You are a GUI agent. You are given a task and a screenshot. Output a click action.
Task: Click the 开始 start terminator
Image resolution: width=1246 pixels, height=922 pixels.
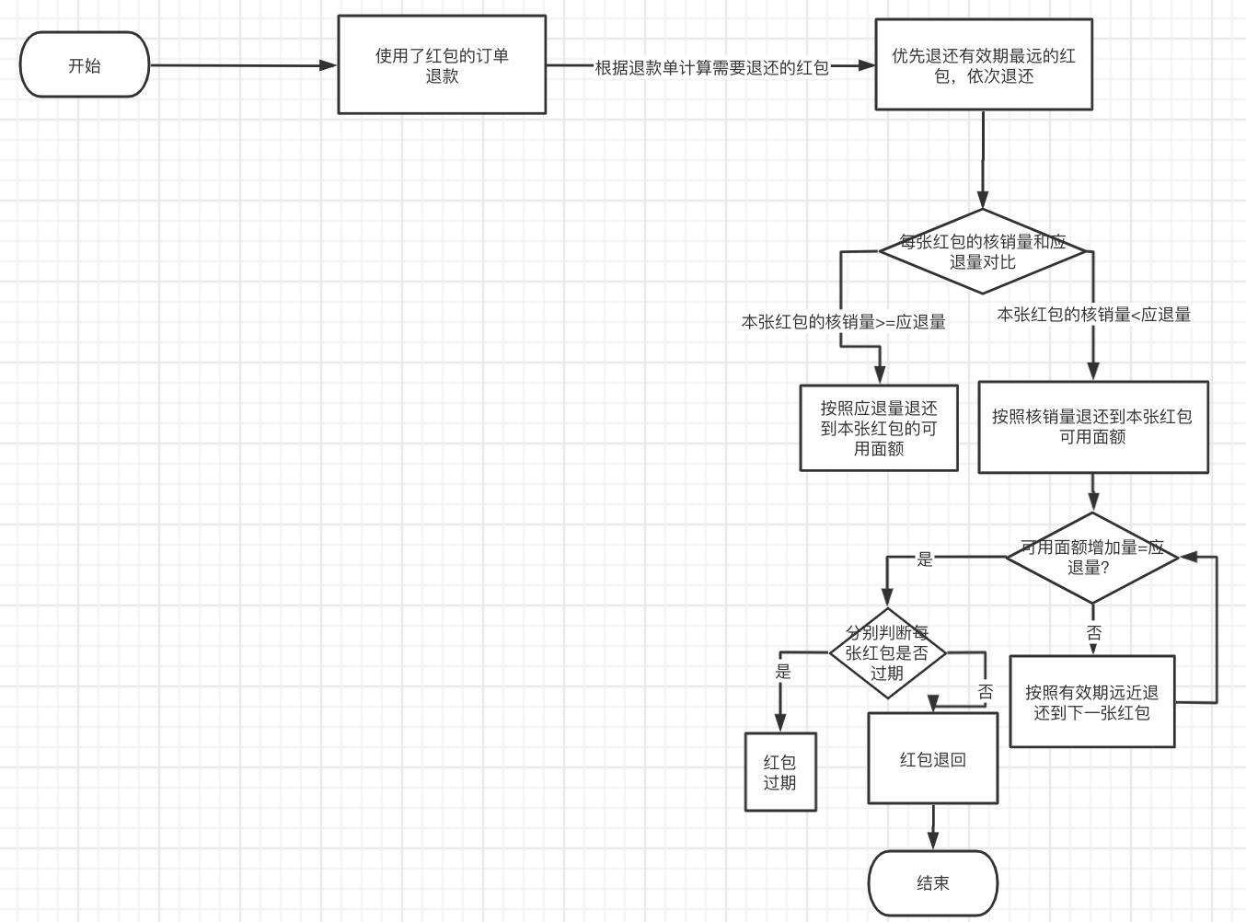84,65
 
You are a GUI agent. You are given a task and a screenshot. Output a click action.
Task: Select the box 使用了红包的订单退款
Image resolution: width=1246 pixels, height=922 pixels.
442,65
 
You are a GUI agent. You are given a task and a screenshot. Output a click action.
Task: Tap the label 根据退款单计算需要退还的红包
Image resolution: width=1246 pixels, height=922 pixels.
711,68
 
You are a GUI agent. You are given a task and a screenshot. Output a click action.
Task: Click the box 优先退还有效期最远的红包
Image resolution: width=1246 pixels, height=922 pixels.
983,65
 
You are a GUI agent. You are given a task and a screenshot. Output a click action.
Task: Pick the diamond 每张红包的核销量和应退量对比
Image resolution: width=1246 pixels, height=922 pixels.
983,251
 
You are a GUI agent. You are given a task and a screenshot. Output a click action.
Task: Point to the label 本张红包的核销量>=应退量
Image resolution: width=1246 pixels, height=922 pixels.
843,322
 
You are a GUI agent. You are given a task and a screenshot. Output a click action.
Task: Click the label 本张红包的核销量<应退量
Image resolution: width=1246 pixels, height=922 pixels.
1093,315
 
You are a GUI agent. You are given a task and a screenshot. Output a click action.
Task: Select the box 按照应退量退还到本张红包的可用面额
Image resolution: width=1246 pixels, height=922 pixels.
879,428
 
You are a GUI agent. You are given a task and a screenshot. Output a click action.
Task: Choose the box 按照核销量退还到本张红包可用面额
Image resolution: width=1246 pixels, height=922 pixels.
1092,427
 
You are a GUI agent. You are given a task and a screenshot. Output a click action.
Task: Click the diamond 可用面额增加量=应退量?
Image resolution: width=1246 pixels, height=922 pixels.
1092,558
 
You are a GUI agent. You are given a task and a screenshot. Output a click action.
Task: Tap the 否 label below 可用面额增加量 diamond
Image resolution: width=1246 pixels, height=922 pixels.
1093,633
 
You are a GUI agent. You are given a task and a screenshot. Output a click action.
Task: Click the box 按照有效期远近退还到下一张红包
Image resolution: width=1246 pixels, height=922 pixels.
1092,702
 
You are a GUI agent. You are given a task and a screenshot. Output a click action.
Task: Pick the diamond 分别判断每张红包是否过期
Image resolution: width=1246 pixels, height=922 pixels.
887,653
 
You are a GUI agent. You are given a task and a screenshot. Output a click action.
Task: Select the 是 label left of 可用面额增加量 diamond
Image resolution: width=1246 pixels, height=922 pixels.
925,559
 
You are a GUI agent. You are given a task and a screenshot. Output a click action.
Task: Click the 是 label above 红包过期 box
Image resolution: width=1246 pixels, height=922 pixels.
783,672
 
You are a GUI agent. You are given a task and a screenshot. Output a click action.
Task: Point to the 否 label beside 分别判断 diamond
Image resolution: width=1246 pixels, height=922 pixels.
986,692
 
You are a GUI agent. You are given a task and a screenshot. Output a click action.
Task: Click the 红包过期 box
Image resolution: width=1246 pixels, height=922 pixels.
779,772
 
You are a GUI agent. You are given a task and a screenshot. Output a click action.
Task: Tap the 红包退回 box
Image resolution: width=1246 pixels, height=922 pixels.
932,759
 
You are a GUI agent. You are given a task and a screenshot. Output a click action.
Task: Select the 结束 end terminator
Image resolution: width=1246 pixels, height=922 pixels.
932,883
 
